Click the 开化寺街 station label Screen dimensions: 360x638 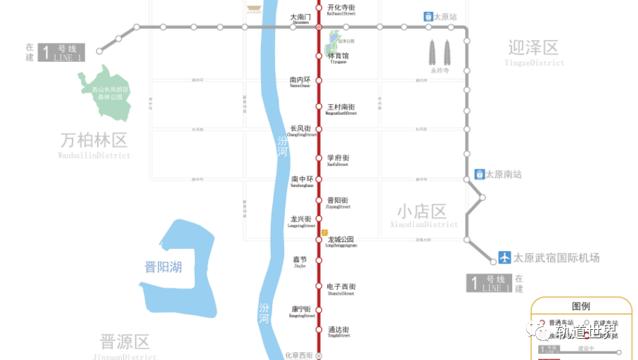(x=341, y=8)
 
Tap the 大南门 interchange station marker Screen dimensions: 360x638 (x=319, y=27)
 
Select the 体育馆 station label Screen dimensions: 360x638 (x=338, y=56)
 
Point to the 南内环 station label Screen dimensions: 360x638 (x=300, y=80)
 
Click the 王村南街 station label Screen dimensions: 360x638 (x=341, y=108)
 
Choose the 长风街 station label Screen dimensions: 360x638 (x=300, y=129)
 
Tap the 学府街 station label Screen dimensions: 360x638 (x=338, y=158)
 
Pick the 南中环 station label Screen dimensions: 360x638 (x=300, y=179)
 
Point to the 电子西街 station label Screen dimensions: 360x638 (x=342, y=287)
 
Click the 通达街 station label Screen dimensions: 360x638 (x=338, y=330)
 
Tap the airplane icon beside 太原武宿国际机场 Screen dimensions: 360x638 (x=504, y=257)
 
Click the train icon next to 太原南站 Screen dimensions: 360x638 (x=479, y=174)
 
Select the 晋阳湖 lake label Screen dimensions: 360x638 (x=163, y=267)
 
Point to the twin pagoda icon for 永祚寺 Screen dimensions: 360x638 (x=440, y=52)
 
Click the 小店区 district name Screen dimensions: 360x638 (x=421, y=212)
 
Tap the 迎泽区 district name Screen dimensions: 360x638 (x=533, y=48)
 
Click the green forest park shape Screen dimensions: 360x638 (x=106, y=94)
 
